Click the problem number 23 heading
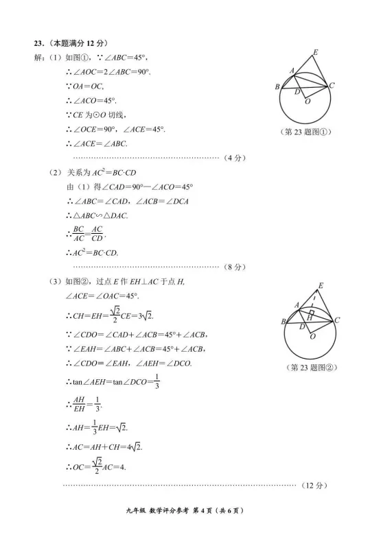(x=42, y=43)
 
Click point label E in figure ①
(x=315, y=52)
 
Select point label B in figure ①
(x=277, y=87)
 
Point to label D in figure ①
(x=297, y=91)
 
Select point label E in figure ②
(x=321, y=285)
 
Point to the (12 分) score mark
(x=312, y=485)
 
